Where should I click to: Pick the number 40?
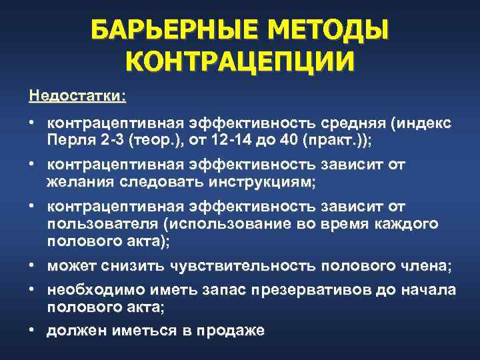(288, 141)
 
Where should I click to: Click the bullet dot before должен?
(32, 329)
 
